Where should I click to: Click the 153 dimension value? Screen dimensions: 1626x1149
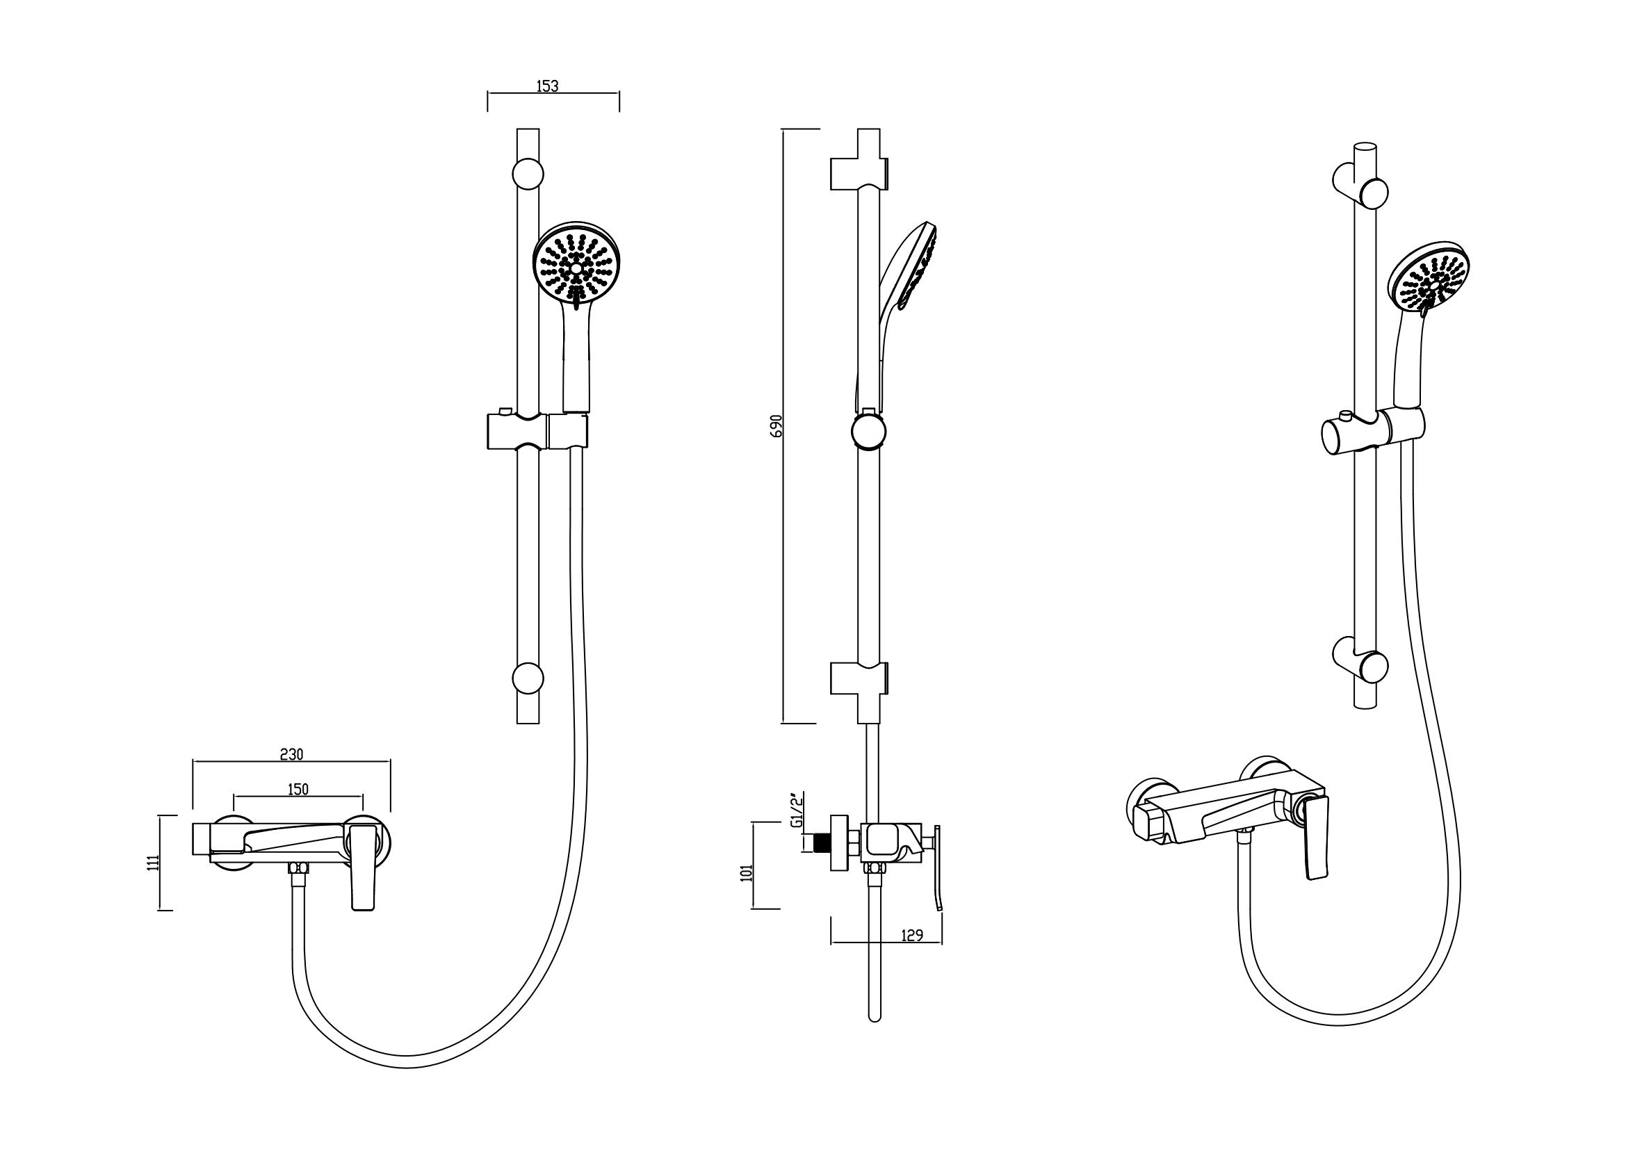(547, 86)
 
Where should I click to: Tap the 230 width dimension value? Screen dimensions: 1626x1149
(291, 754)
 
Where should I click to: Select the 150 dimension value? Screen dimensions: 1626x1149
(298, 790)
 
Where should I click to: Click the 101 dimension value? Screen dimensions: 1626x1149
(746, 872)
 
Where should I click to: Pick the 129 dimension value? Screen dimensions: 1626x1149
(912, 935)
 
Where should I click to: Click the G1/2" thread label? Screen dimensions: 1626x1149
(797, 811)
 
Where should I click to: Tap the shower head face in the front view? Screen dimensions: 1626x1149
(576, 266)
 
